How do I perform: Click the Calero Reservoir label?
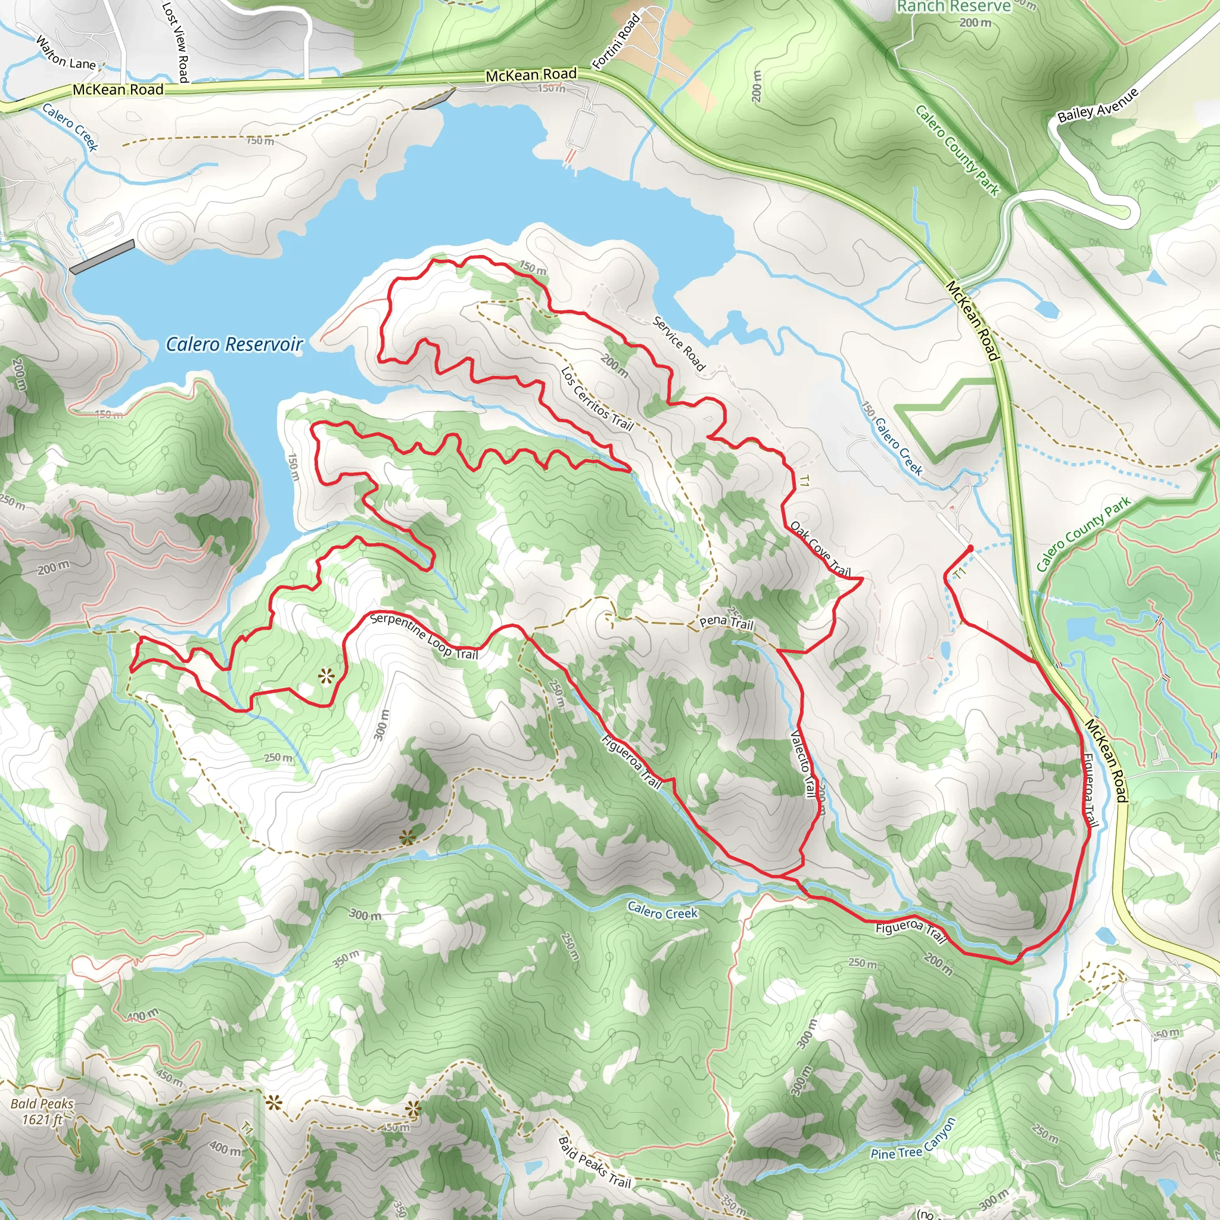click(x=234, y=344)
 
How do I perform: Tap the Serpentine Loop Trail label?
click(x=424, y=636)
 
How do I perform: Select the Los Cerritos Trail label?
click(x=597, y=399)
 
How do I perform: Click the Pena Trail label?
click(x=726, y=622)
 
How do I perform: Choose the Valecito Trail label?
click(x=803, y=764)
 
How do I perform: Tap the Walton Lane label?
click(x=66, y=54)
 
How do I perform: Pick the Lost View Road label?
click(x=176, y=42)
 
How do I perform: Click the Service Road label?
click(x=679, y=343)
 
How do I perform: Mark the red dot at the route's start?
click(x=970, y=547)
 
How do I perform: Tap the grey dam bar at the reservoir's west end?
click(x=102, y=256)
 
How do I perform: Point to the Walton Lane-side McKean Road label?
click(x=118, y=90)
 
